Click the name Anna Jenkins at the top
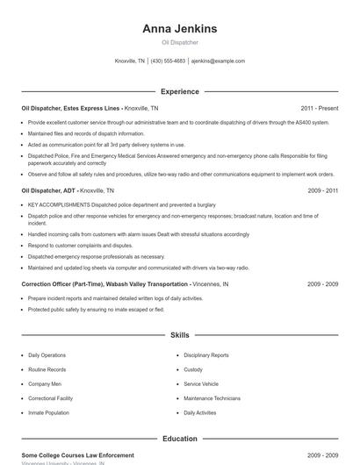click(180, 28)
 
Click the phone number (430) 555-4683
click(168, 61)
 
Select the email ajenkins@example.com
click(218, 61)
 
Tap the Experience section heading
click(180, 91)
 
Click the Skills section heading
click(180, 335)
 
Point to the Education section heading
click(180, 438)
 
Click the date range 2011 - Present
click(320, 108)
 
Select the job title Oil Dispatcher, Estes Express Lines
click(70, 108)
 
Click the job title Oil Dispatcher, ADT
click(48, 190)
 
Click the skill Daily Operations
click(47, 355)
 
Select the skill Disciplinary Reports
click(206, 355)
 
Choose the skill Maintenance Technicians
click(212, 397)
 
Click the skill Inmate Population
click(48, 412)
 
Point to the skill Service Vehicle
click(201, 383)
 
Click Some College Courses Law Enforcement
click(77, 455)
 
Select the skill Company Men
click(45, 383)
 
